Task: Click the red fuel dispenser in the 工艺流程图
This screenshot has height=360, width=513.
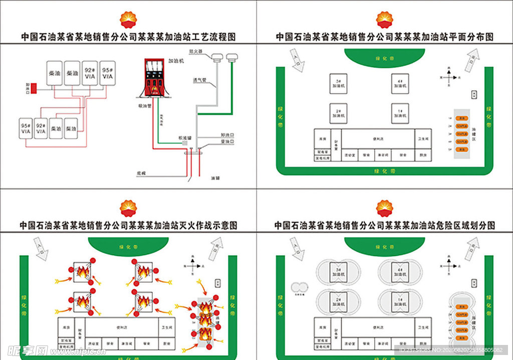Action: tap(154, 78)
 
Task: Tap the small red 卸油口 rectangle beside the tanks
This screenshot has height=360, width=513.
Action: tap(34, 88)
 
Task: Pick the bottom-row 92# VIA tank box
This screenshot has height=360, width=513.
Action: tap(42, 128)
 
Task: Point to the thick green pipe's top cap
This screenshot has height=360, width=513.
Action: tap(231, 58)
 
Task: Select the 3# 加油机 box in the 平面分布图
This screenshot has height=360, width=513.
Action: tap(339, 84)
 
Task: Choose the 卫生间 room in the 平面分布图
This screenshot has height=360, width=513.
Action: tap(423, 138)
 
